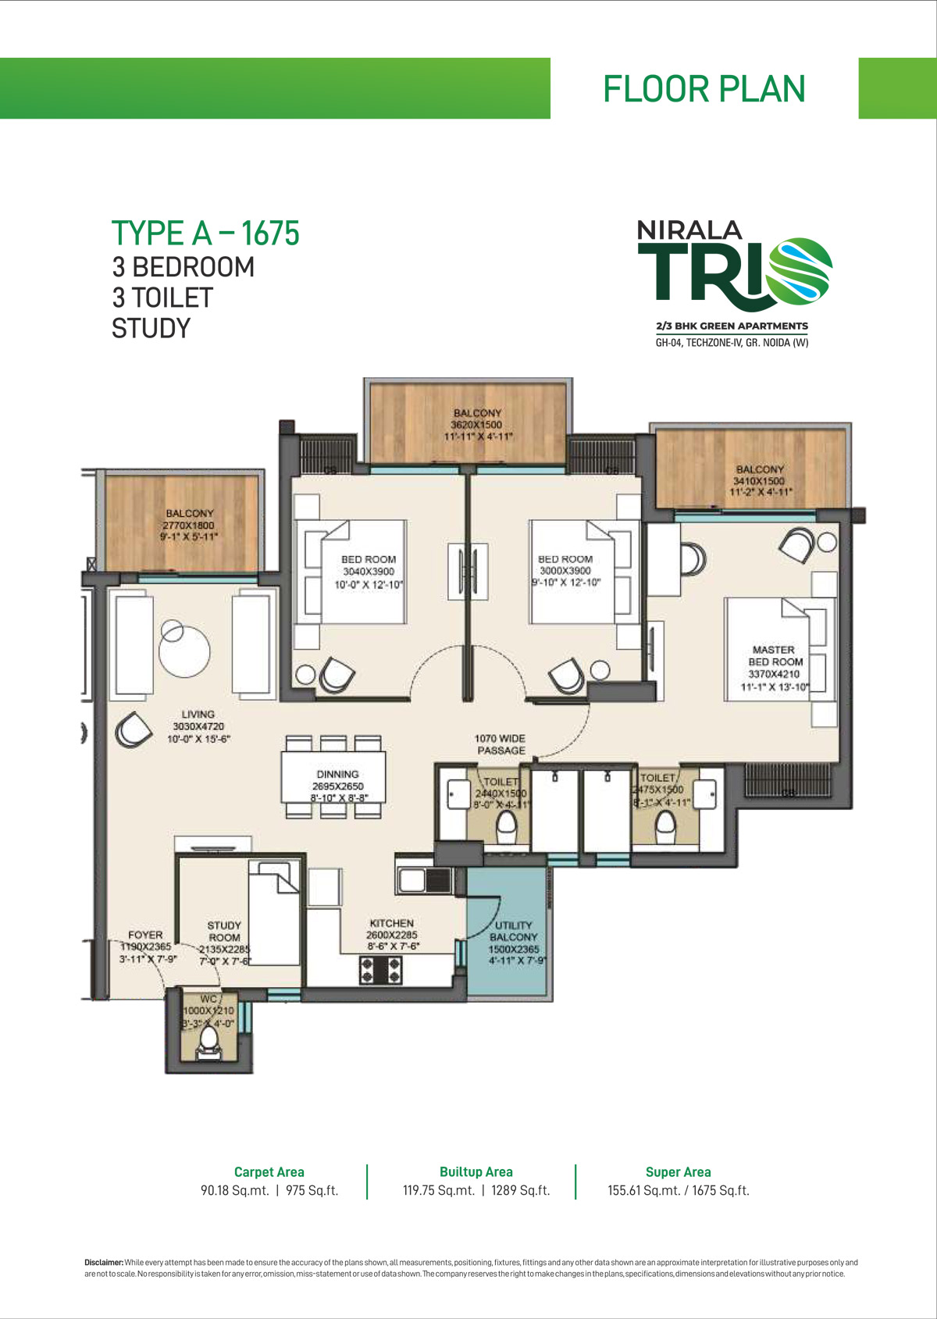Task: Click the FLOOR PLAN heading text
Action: click(704, 89)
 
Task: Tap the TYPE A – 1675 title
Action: click(205, 233)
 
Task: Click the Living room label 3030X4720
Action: click(198, 726)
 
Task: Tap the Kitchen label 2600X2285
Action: click(392, 934)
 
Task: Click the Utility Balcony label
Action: click(514, 937)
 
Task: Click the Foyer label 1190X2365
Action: click(145, 946)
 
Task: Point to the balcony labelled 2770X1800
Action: click(189, 525)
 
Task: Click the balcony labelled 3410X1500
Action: click(760, 480)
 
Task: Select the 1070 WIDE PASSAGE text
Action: click(500, 744)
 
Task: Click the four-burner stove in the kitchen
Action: click(380, 970)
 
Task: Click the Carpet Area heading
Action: click(269, 1171)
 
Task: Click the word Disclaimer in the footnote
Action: click(103, 1262)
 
